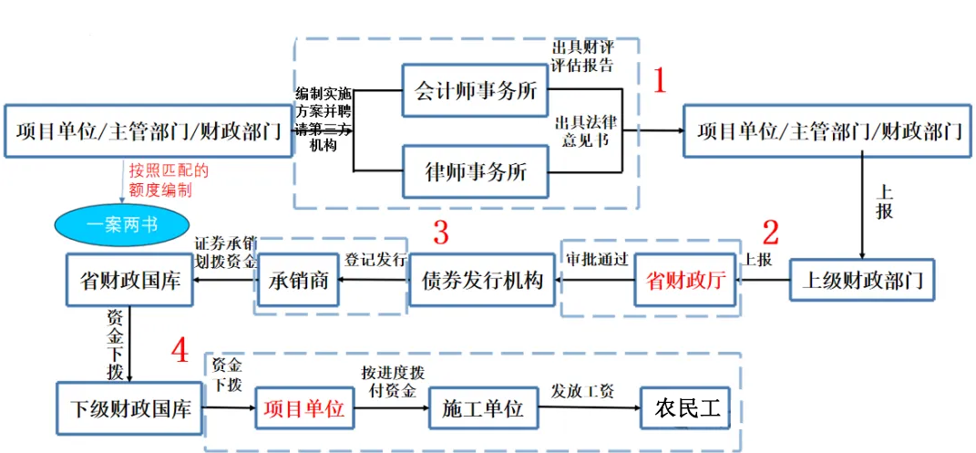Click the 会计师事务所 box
tap(476, 90)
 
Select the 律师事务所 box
tap(476, 171)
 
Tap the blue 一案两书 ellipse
tap(120, 224)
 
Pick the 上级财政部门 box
tap(861, 281)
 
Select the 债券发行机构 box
tap(483, 281)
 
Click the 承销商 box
tap(298, 281)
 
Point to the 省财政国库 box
tap(129, 281)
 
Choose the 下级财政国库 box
tap(129, 408)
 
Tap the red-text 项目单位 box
tap(303, 409)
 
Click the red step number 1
tap(660, 82)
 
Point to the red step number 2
tap(771, 233)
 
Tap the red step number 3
tap(440, 233)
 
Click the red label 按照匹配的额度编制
tap(168, 180)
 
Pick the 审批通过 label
tap(597, 258)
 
